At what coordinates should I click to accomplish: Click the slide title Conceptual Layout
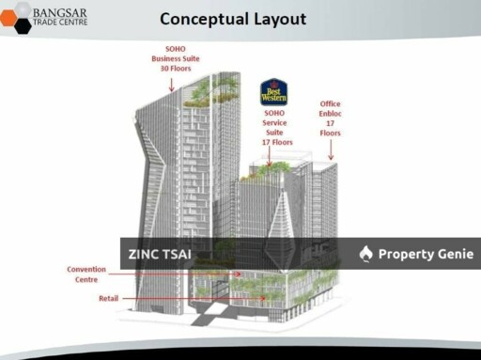coord(233,18)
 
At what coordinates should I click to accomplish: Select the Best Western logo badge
coord(273,92)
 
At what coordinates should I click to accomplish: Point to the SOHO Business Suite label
coord(172,57)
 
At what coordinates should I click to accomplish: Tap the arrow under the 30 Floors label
coord(172,84)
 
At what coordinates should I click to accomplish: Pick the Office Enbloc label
coord(330,113)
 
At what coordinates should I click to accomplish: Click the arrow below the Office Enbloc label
coord(330,149)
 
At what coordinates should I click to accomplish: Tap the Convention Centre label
coord(85,274)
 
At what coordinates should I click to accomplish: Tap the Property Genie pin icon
coord(366,254)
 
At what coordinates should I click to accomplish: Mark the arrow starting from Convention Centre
coord(169,274)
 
